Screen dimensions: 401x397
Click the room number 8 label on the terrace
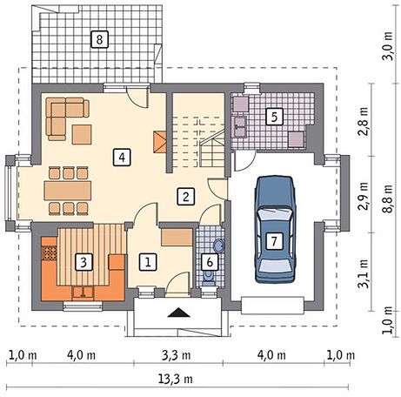click(x=99, y=39)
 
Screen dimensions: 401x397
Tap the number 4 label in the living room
click(x=122, y=158)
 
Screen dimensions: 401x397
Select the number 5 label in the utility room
click(x=274, y=117)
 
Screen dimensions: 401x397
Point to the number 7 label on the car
click(x=274, y=240)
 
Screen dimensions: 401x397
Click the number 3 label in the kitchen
click(x=84, y=262)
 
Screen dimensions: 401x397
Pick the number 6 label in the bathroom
click(x=210, y=262)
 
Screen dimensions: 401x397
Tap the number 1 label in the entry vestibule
click(x=148, y=262)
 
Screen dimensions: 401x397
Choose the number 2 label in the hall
click(x=186, y=197)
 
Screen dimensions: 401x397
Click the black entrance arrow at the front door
click(x=178, y=313)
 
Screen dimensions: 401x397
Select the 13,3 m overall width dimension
click(x=176, y=379)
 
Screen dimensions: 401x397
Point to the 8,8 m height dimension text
click(x=387, y=199)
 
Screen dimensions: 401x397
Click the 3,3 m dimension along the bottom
click(x=177, y=355)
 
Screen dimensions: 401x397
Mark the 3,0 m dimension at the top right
click(x=387, y=45)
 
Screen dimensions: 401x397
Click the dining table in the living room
click(x=68, y=191)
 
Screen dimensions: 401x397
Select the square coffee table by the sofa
click(x=82, y=134)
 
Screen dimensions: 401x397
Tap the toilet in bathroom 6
click(x=208, y=278)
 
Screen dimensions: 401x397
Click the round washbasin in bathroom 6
click(x=218, y=246)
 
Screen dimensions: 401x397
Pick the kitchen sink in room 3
click(x=83, y=293)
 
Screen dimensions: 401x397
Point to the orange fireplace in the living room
click(x=159, y=142)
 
